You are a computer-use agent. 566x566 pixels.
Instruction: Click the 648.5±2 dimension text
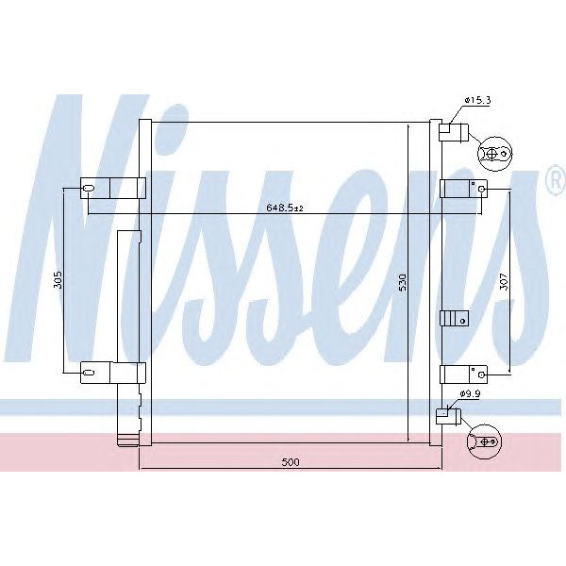[x=282, y=208]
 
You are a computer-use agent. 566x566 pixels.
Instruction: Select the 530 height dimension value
[x=401, y=282]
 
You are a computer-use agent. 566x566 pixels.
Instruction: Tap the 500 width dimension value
[x=290, y=461]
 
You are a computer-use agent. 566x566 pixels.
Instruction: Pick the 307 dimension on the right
[x=504, y=280]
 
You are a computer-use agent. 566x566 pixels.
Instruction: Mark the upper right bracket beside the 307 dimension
[x=462, y=189]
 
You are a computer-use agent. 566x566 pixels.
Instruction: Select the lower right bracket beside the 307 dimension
[x=462, y=373]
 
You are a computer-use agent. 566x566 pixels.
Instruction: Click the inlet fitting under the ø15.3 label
[x=452, y=131]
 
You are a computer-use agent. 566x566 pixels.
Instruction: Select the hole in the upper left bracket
[x=89, y=189]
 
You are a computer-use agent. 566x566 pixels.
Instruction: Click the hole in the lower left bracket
[x=89, y=374]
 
